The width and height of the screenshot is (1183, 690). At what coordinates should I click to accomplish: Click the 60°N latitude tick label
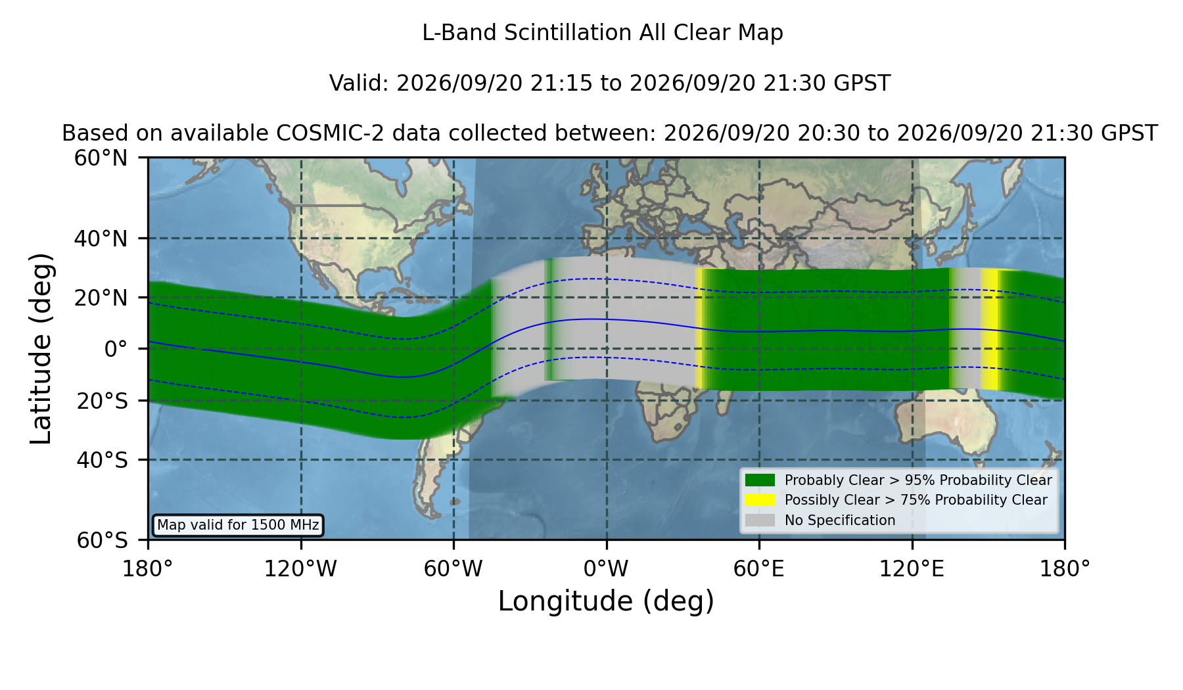[101, 158]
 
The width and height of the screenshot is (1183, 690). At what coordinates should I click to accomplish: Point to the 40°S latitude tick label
[102, 460]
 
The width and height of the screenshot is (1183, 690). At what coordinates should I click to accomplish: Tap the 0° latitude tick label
[116, 349]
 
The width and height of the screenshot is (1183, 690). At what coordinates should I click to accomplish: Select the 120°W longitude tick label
[300, 569]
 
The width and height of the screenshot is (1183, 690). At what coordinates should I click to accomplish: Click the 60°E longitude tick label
[759, 569]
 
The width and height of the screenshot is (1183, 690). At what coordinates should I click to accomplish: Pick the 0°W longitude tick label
[606, 569]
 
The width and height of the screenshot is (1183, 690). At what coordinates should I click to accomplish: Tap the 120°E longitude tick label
[912, 569]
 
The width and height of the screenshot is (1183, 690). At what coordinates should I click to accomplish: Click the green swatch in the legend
[760, 480]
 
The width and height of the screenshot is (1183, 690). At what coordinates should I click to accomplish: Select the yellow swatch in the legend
[760, 500]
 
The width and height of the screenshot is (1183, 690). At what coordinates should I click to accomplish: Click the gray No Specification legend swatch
[760, 520]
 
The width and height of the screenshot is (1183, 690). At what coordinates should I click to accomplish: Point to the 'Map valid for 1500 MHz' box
[238, 525]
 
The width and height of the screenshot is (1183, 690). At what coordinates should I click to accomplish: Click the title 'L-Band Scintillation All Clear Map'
[603, 33]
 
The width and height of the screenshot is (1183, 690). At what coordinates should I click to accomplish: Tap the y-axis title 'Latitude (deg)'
[41, 348]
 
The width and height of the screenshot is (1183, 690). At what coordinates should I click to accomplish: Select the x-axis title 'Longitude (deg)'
[606, 602]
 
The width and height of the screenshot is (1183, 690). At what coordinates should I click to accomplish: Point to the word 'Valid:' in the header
[360, 83]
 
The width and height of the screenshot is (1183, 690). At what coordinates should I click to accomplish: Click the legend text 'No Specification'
[840, 520]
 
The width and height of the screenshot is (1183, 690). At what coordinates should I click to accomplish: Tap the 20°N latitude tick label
[101, 298]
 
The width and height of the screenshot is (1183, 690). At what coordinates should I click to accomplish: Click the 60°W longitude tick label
[453, 569]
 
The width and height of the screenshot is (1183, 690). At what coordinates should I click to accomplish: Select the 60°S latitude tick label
[102, 540]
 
